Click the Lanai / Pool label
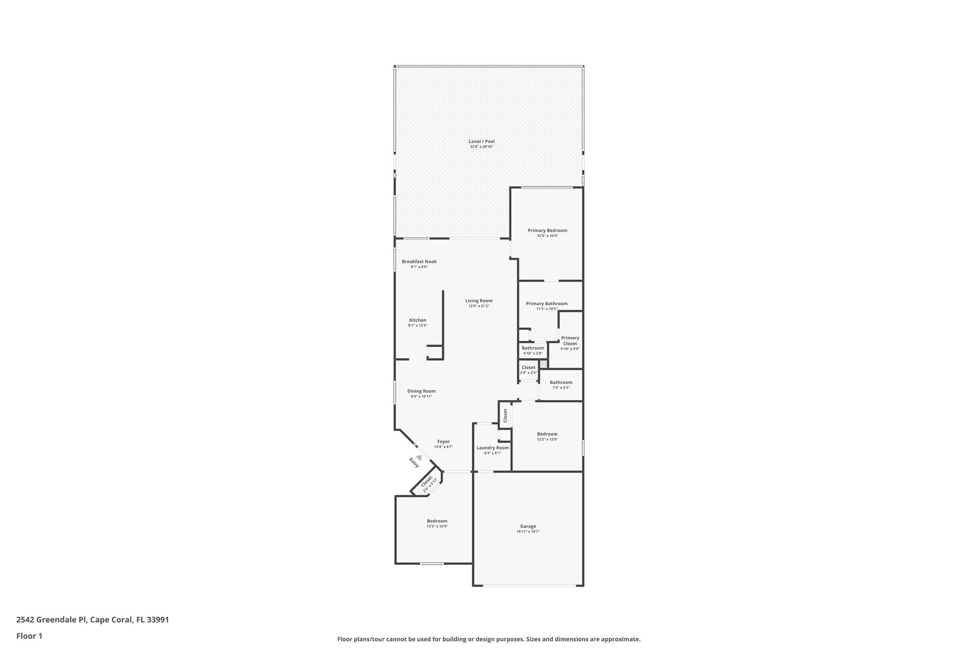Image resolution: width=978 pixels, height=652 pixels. [x=481, y=141]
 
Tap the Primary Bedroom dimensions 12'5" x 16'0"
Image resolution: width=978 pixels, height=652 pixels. [x=547, y=236]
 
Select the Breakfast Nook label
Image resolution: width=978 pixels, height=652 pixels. [x=419, y=262]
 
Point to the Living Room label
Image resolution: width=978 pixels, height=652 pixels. [x=478, y=301]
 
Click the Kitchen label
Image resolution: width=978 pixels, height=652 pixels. [x=417, y=321]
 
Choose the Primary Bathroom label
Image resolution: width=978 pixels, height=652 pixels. [x=546, y=304]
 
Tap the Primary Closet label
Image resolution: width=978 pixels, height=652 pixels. [x=570, y=341]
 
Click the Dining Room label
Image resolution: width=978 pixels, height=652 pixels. [x=421, y=391]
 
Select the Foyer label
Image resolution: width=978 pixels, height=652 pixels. [x=443, y=442]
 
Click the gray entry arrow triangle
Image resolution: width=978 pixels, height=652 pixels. [x=419, y=457]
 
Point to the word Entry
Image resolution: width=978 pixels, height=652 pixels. [x=414, y=462]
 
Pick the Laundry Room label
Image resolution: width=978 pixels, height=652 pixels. [x=492, y=448]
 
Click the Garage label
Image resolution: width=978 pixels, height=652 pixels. [x=528, y=526]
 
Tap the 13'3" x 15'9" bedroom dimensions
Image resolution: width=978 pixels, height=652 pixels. [x=437, y=526]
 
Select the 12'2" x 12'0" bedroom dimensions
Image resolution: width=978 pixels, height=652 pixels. [x=547, y=439]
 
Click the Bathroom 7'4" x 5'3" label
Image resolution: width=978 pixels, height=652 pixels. [x=561, y=383]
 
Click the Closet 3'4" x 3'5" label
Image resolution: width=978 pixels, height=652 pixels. [x=528, y=368]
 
